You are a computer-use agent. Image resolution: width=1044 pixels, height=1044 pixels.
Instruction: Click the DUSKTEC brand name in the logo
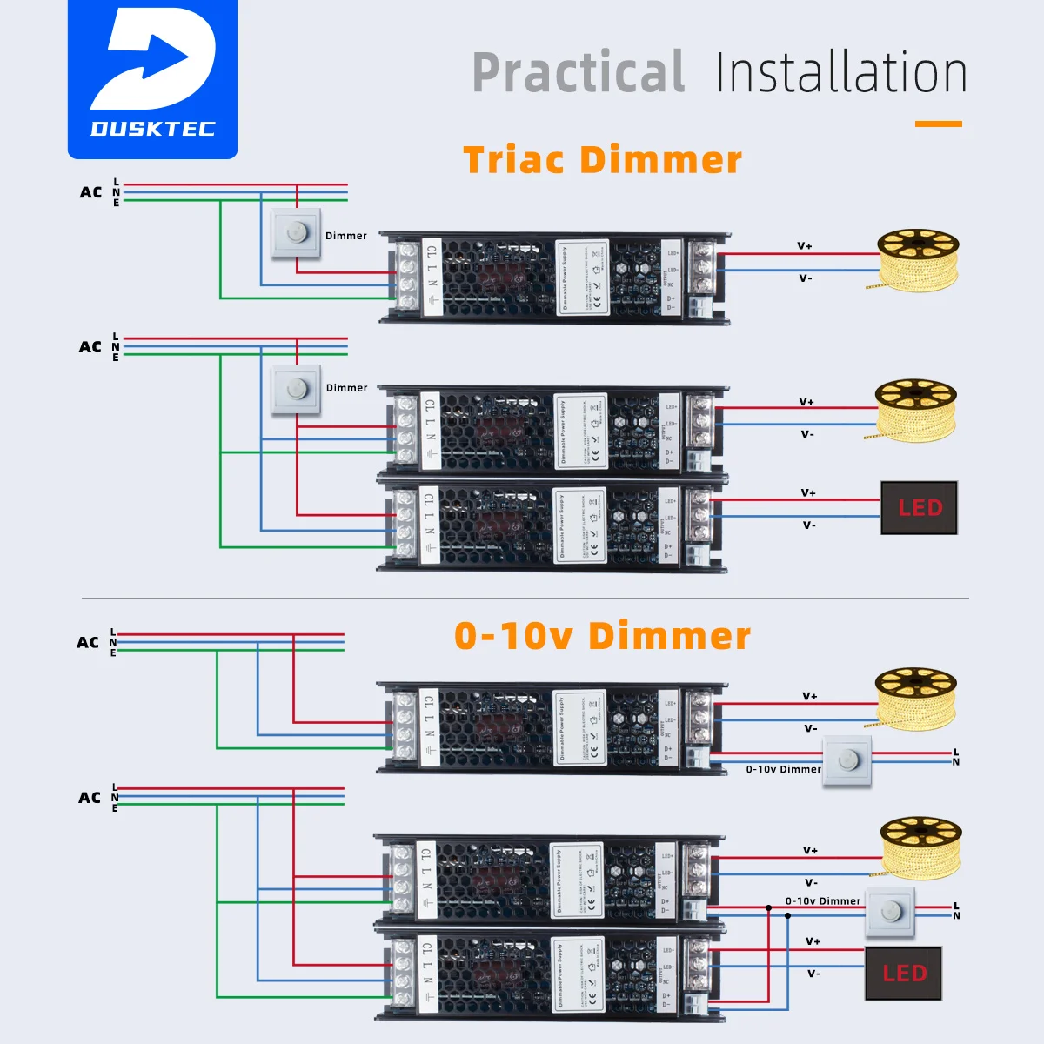(153, 129)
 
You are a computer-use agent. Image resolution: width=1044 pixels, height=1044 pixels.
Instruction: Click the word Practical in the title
(579, 73)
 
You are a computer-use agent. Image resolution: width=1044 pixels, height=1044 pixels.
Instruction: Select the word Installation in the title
(840, 73)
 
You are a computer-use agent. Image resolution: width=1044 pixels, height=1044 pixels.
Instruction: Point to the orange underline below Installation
(938, 124)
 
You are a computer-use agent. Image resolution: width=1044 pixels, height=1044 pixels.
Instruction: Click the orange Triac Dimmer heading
(602, 160)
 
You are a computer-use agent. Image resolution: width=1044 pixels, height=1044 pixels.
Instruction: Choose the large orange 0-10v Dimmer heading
(602, 636)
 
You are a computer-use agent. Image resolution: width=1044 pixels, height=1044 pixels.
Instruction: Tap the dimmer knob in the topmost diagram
(296, 233)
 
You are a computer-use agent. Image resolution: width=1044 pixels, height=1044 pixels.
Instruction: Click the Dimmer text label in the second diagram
(346, 388)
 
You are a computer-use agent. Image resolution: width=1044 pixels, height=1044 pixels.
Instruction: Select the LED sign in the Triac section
(919, 507)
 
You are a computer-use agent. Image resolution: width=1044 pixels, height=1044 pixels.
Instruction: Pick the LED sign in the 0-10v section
(903, 974)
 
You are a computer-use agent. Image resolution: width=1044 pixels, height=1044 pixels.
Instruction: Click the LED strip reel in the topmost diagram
(917, 258)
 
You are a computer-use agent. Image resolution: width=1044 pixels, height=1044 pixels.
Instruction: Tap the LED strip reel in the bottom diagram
(920, 846)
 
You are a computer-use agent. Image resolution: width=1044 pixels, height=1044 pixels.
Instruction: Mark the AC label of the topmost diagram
(90, 192)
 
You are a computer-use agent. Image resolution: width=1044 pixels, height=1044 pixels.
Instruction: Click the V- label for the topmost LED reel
(806, 278)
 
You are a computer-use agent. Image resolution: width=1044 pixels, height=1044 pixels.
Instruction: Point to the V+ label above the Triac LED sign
(808, 493)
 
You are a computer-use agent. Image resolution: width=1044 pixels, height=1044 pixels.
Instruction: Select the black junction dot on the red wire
(768, 908)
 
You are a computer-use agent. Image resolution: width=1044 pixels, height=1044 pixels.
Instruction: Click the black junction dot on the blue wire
(787, 916)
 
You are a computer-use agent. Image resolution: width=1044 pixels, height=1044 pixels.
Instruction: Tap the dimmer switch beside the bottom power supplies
(890, 913)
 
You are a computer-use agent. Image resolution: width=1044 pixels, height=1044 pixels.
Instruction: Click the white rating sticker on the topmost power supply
(582, 278)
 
